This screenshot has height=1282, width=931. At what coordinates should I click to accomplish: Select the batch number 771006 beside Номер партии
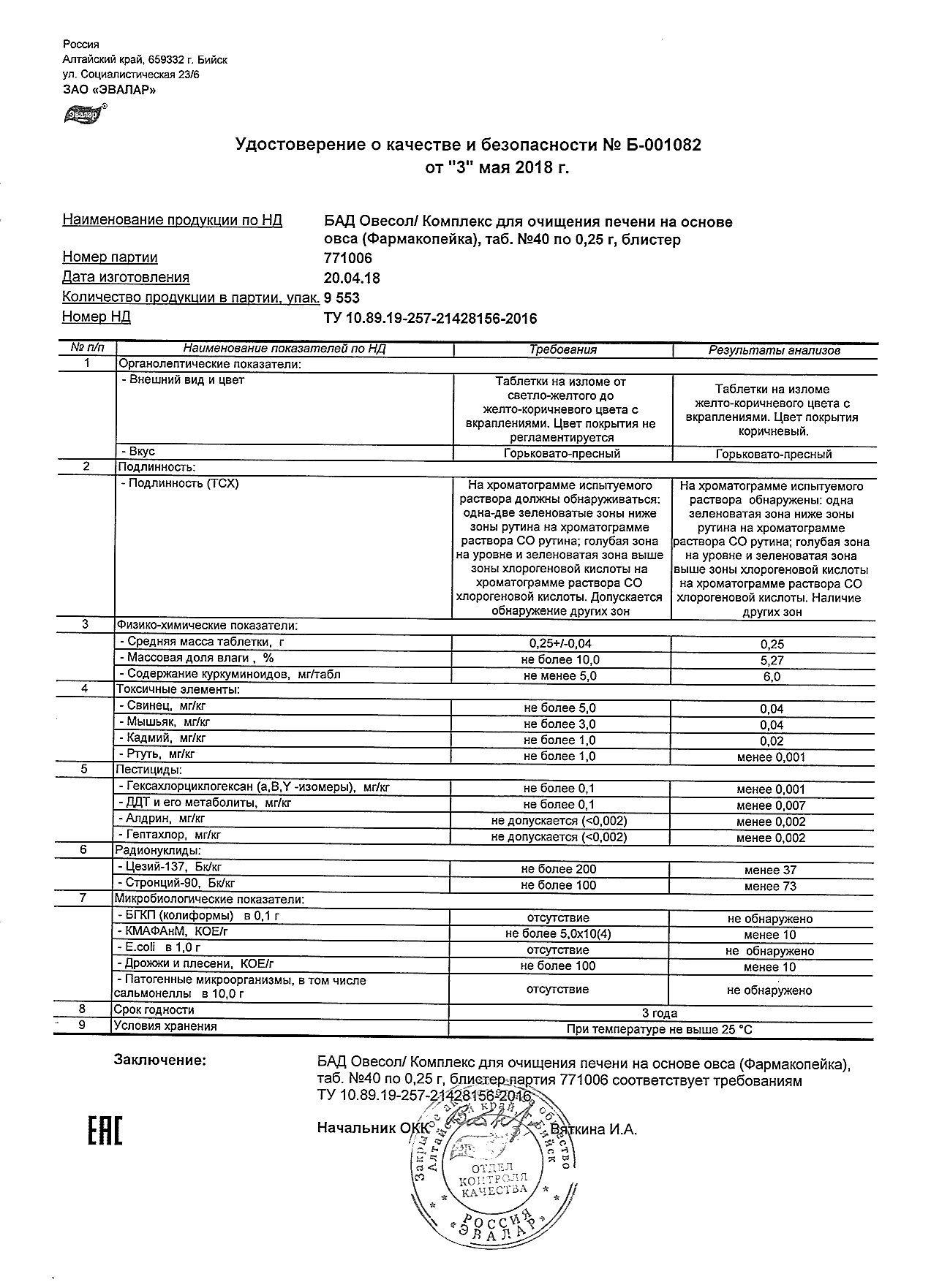coord(347,258)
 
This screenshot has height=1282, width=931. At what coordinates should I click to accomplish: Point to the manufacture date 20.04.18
coord(352,278)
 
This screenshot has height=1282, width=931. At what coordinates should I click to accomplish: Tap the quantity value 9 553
coord(342,297)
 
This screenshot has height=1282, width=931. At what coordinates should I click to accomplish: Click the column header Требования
coord(562,350)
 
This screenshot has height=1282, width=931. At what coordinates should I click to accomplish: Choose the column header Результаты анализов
coord(774,351)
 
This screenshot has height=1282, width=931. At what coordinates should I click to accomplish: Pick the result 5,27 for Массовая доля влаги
coord(772,661)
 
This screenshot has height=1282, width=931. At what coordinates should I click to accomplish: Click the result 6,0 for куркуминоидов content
coord(772,677)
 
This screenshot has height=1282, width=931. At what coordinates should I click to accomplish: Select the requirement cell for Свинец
coord(559,708)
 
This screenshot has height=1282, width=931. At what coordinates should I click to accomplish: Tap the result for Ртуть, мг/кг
coord(771,757)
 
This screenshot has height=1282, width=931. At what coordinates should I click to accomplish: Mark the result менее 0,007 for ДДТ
coord(771,805)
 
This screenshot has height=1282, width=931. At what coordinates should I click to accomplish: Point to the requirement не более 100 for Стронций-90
coord(558,885)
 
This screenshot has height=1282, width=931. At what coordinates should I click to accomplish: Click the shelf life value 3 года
coord(659,1013)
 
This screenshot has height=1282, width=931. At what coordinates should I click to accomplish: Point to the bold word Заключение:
coord(160,1060)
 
